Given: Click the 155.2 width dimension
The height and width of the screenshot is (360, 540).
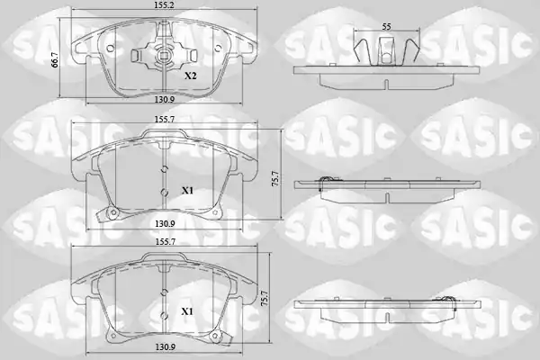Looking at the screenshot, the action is coord(165,4).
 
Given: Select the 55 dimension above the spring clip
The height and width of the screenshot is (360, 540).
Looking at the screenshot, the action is coord(387,26).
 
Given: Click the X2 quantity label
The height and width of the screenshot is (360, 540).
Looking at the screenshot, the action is coord(190,76).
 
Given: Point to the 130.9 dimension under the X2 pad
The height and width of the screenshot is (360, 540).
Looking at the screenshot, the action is coord(165,99).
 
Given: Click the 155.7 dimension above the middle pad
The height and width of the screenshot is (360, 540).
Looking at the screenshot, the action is coord(165,119).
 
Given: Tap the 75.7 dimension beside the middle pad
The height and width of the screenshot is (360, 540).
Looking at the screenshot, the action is coord(275,179).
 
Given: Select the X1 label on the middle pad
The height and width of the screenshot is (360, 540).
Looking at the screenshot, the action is coord(187,191).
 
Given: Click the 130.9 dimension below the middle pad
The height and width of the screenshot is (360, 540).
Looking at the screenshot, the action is coord(165,223).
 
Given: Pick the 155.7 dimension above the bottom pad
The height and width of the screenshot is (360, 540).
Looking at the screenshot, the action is coord(165,242).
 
